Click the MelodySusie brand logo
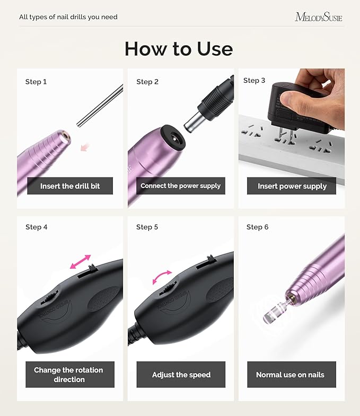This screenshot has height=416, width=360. (x=318, y=17)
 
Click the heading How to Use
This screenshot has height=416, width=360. (x=179, y=49)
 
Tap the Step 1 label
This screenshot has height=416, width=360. (x=36, y=82)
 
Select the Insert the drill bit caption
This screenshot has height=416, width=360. (x=70, y=186)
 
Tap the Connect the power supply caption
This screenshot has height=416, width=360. (x=180, y=186)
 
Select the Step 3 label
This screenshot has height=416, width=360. (x=254, y=81)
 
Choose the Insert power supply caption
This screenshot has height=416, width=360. (x=292, y=186)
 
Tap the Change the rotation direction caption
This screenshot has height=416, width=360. (x=68, y=375)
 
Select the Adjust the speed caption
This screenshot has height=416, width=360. (x=181, y=375)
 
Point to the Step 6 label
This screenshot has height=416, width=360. (x=257, y=227)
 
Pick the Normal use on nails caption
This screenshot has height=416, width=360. (x=290, y=375)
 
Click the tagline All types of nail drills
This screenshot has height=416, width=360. (x=68, y=17)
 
